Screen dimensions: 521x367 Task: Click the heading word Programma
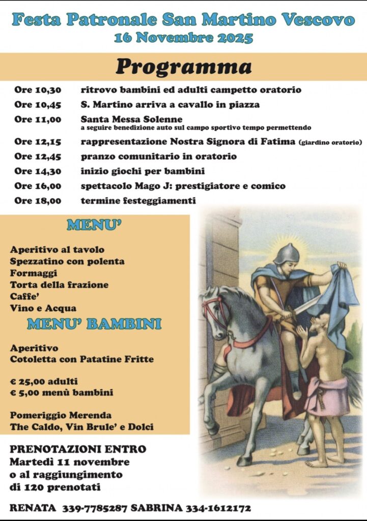(183, 67)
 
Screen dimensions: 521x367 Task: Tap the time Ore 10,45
(38, 105)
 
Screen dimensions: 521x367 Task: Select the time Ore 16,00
(38, 186)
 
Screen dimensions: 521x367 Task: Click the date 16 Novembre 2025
(183, 38)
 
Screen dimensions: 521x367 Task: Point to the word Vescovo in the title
(318, 20)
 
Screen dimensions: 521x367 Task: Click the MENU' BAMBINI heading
(94, 324)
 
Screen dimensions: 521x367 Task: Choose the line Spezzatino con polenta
(67, 262)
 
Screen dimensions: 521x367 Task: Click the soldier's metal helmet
(287, 253)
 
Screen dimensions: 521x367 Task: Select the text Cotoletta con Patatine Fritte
(81, 360)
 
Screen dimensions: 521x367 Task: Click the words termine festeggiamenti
(138, 201)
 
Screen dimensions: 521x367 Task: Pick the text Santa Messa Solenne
(131, 120)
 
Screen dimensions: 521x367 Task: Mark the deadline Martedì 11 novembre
(69, 462)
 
